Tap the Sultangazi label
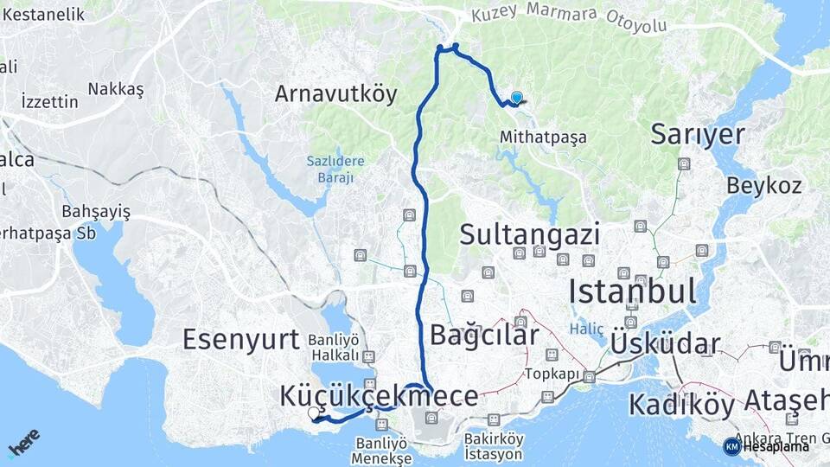[530, 233]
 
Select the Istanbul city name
[633, 291]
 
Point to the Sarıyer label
[698, 134]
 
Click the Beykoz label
[763, 185]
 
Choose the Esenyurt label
[240, 339]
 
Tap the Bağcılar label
[484, 336]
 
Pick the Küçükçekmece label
[379, 396]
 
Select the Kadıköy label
[681, 404]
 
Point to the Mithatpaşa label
[543, 138]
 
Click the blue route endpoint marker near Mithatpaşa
[516, 99]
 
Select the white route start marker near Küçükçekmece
[314, 413]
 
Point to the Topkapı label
[551, 375]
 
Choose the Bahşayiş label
[96, 212]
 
